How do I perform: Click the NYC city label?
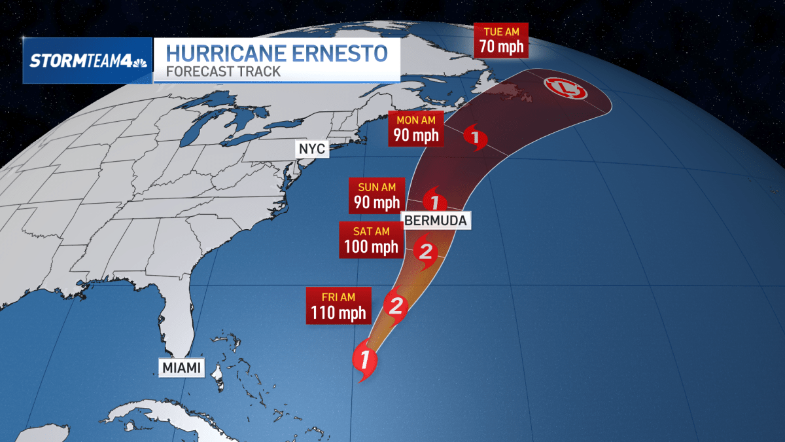(x=311, y=149)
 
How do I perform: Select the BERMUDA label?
(x=436, y=220)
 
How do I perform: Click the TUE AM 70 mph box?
(x=501, y=41)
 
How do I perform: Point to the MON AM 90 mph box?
(x=415, y=128)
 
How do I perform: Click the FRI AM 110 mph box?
(x=338, y=304)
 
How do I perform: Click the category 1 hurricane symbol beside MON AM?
(x=475, y=138)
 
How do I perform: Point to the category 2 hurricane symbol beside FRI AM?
(x=396, y=305)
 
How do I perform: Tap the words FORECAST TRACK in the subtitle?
(x=223, y=71)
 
